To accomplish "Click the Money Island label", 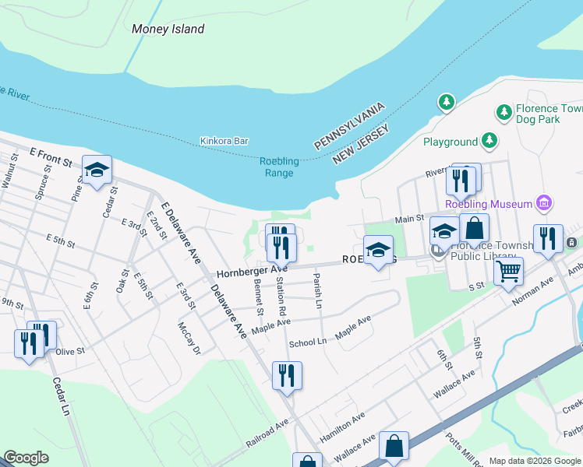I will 168,30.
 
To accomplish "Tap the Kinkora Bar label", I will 224,141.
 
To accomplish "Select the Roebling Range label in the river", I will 279,167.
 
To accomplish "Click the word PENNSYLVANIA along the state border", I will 350,126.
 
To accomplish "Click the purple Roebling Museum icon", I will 544,204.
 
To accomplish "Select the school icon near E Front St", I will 97,170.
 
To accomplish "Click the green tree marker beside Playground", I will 489,141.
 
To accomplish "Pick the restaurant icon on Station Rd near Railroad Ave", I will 287,375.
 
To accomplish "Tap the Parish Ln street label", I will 317,290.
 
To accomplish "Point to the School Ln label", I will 307,342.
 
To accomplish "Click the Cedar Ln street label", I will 62,397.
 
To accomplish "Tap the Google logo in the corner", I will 26,458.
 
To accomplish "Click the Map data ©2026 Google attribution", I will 535,461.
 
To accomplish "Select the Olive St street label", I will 69,352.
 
